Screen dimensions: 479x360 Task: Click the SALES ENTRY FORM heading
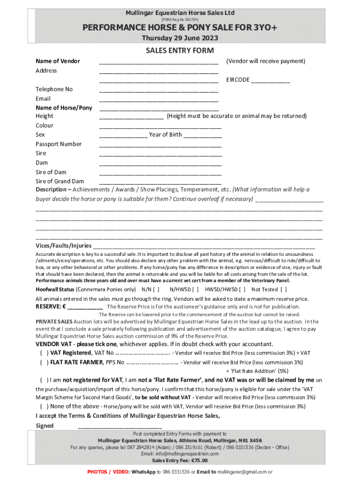point(180,51)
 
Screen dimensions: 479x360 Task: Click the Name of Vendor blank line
point(158,62)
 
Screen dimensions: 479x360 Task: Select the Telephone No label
point(54,89)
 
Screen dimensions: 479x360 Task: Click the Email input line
point(158,99)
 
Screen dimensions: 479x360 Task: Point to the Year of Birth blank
point(203,136)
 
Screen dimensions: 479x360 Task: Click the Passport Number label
point(58,144)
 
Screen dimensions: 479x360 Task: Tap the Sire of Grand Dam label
point(60,181)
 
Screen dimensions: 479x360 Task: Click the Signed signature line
point(120,426)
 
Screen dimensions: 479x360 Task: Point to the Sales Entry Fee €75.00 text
point(180,460)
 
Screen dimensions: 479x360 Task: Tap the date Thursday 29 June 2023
point(180,38)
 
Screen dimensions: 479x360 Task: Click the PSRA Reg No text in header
point(180,20)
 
